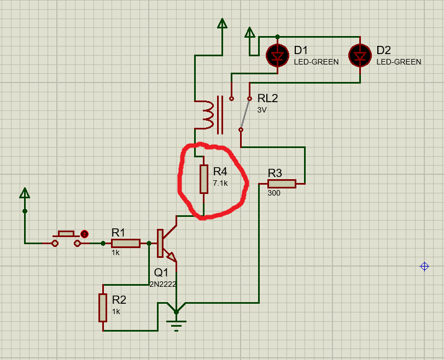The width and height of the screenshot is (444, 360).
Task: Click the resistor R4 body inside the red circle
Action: tap(203, 179)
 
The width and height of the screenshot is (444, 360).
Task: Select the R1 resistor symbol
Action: tap(126, 244)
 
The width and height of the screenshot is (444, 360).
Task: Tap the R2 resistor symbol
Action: tap(102, 307)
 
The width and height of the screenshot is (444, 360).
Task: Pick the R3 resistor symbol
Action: tap(282, 184)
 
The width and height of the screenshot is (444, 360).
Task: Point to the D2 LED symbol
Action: tap(360, 55)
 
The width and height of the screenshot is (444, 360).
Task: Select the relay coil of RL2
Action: tap(208, 115)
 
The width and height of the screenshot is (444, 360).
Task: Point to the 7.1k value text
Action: tap(220, 184)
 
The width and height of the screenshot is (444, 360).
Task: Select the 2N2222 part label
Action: tap(163, 284)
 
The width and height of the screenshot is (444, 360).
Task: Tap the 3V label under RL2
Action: tap(262, 109)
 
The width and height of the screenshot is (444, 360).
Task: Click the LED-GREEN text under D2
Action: tap(399, 62)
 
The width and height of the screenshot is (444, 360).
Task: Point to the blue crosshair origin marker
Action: tap(424, 267)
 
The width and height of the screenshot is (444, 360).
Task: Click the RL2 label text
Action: tap(268, 99)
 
